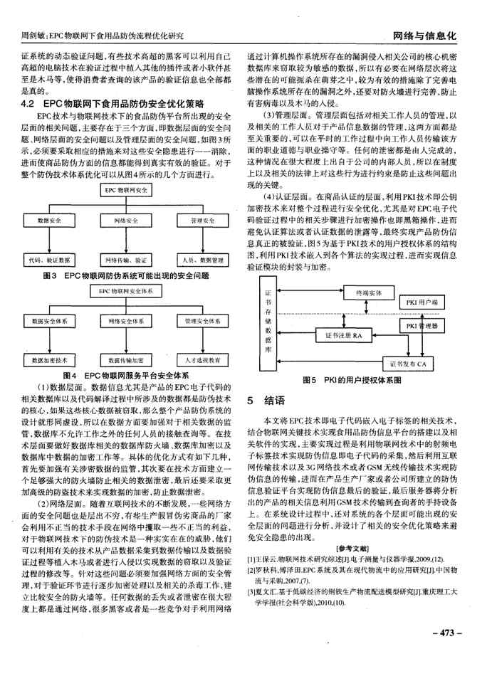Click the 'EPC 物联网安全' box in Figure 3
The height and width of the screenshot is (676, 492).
130,191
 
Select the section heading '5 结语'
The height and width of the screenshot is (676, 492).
265,401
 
